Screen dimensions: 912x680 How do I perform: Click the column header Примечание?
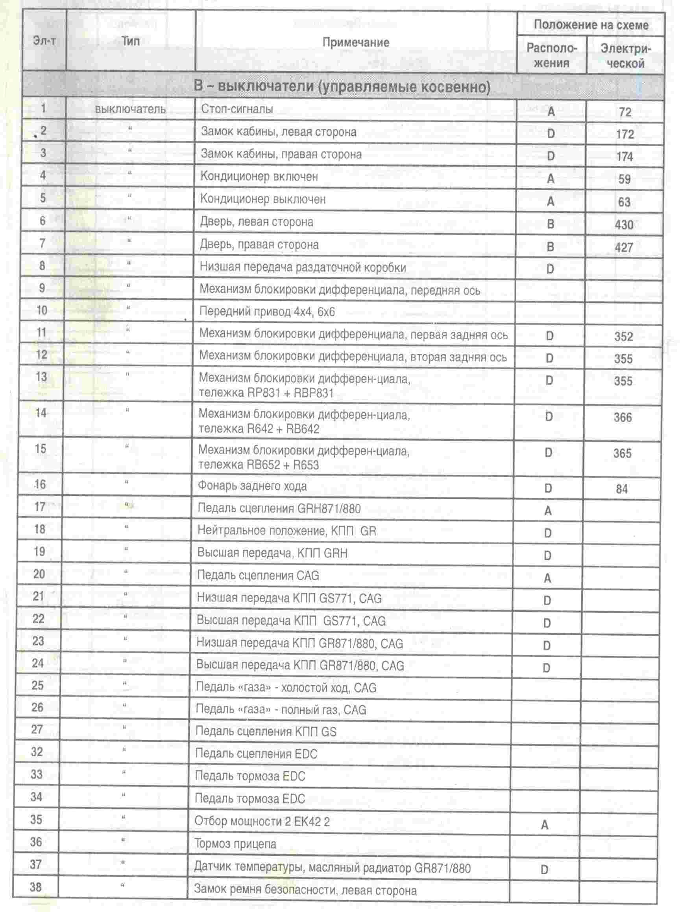pyautogui.click(x=356, y=42)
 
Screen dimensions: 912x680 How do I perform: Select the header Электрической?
pyautogui.click(x=625, y=56)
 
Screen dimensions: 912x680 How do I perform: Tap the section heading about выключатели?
pyautogui.click(x=342, y=87)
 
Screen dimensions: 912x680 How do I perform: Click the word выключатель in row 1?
pyautogui.click(x=130, y=109)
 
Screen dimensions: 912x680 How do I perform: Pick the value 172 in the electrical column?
pyautogui.click(x=625, y=134)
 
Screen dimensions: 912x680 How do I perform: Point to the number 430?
pyautogui.click(x=624, y=225)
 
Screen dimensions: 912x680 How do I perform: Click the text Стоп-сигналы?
pyautogui.click(x=237, y=109)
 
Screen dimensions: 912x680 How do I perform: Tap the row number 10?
pyautogui.click(x=42, y=310)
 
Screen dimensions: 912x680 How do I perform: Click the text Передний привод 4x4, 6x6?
pyautogui.click(x=267, y=312)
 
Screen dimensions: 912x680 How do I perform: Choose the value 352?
pyautogui.click(x=623, y=337)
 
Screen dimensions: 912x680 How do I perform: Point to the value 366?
pyautogui.click(x=623, y=418)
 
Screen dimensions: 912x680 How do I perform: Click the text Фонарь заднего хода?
pyautogui.click(x=252, y=486)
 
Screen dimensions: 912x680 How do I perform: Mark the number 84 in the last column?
pyautogui.click(x=621, y=489)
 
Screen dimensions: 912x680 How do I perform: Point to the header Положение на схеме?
pyautogui.click(x=591, y=25)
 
